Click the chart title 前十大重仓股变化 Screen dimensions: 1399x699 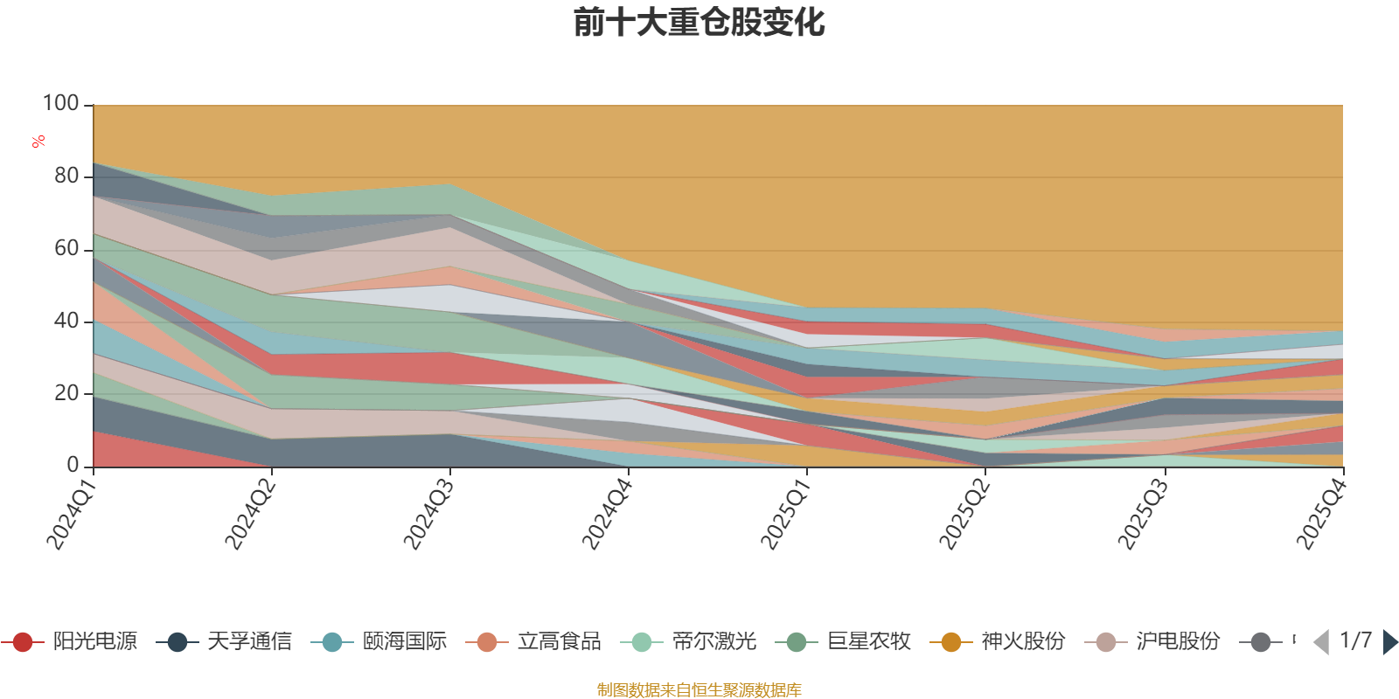[x=699, y=23]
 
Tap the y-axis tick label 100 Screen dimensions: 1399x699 [x=60, y=103]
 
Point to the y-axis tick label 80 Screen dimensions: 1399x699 [x=66, y=176]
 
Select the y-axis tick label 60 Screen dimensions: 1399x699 [x=66, y=248]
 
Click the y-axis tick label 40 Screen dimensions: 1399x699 [x=66, y=321]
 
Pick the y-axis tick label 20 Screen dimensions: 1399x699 [x=66, y=393]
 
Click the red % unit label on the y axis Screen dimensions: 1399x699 [x=38, y=142]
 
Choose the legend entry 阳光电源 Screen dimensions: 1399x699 [x=69, y=641]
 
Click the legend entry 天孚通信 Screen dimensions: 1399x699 [x=224, y=641]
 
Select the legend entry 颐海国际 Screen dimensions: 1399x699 [x=379, y=641]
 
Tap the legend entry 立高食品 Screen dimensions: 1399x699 [x=533, y=641]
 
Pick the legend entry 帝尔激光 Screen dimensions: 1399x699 [x=688, y=641]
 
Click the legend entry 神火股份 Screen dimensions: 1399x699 [x=998, y=641]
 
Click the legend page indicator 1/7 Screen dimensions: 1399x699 [x=1355, y=640]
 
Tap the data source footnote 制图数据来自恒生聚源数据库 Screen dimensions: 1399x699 [x=699, y=689]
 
